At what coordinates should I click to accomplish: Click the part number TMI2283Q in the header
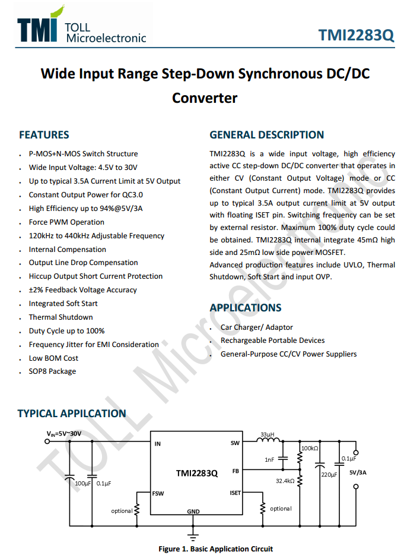click(356, 34)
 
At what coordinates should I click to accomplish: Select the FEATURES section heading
click(44, 135)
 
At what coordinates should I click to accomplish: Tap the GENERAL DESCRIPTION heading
click(266, 135)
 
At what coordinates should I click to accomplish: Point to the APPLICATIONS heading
click(245, 308)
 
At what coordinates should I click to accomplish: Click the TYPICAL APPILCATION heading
click(72, 414)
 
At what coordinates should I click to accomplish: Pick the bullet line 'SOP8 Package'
click(52, 371)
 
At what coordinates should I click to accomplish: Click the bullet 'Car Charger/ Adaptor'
click(256, 327)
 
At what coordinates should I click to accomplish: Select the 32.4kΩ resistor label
click(285, 481)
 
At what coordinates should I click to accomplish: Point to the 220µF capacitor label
click(329, 475)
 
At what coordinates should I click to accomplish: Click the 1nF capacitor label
click(269, 460)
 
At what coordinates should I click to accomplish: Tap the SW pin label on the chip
click(235, 443)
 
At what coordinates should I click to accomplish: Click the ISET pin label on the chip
click(235, 493)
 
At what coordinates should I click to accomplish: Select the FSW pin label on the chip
click(158, 493)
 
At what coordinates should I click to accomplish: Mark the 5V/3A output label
click(358, 473)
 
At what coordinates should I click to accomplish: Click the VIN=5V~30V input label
click(64, 434)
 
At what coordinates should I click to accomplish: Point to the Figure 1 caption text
click(215, 548)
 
